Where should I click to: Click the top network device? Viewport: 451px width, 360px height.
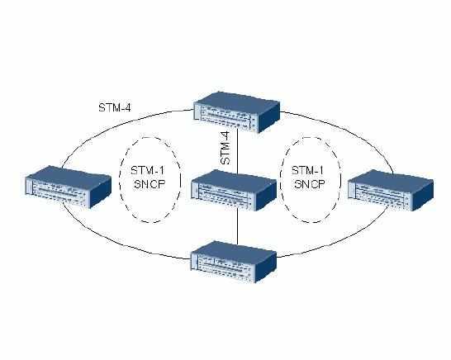pos(236,111)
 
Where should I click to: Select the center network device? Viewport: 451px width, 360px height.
pos(234,190)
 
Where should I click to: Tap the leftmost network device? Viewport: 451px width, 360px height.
pos(69,187)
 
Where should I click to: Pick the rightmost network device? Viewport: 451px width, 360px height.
pos(391,190)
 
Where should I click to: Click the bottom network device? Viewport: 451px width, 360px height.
pos(234,262)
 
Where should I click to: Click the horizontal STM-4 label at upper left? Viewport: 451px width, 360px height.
pos(115,108)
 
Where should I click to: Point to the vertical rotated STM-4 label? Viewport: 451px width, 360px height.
pos(225,148)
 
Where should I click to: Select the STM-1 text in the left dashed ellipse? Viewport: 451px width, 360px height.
pos(147,170)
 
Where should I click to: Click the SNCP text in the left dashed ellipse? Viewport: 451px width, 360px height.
pos(150,184)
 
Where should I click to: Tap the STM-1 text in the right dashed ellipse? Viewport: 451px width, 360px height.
pos(307,170)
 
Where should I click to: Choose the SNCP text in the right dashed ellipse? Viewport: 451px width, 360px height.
pos(310,184)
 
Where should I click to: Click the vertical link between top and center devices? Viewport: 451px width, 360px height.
pos(237,152)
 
